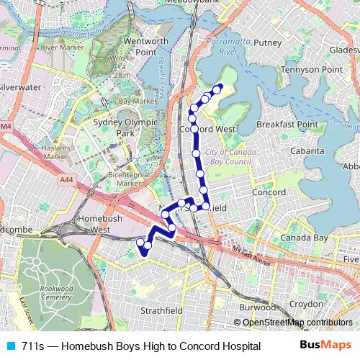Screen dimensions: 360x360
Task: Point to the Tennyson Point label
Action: tap(312, 69)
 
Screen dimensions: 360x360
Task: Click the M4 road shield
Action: tap(6, 127)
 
